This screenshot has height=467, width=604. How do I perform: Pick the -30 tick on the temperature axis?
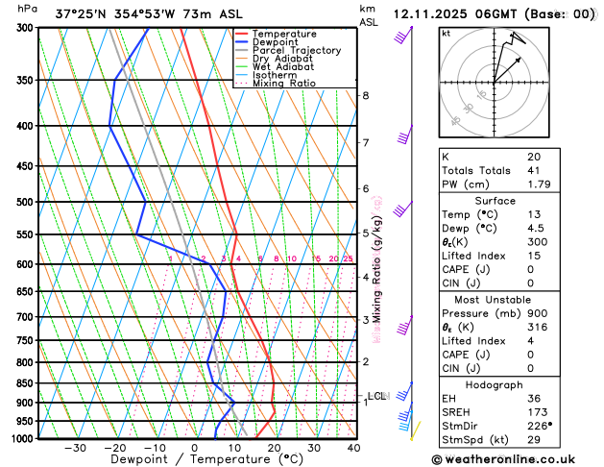pyautogui.click(x=75, y=448)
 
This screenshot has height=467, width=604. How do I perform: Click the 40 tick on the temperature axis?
pyautogui.click(x=354, y=448)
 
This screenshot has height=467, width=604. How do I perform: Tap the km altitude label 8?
pyautogui.click(x=365, y=95)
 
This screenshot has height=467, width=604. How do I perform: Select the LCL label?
pyautogui.click(x=376, y=395)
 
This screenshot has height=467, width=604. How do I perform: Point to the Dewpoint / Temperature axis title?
pyautogui.click(x=195, y=460)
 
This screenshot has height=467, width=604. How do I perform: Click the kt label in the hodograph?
pyautogui.click(x=446, y=33)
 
